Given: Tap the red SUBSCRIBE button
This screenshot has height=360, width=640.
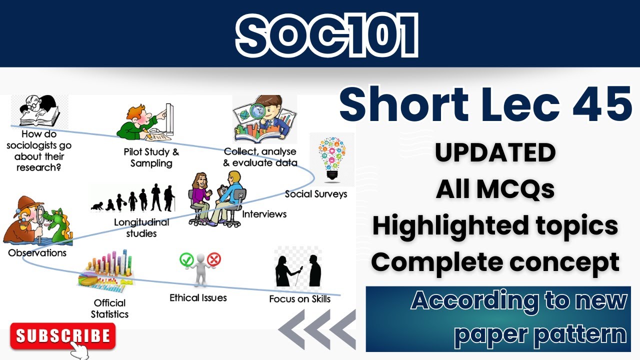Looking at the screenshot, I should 62,335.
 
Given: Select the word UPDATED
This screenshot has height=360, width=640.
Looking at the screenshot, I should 495,153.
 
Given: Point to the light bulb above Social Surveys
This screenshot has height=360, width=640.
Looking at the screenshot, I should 331,158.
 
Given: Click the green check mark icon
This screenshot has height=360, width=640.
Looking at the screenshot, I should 186,259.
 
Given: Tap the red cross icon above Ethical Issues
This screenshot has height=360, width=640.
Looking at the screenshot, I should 214,259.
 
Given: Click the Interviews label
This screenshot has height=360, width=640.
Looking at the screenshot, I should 264,214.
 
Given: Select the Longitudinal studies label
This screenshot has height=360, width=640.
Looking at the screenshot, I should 141,227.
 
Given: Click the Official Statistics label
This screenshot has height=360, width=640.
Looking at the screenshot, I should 109,308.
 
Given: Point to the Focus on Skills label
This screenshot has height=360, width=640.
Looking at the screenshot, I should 299,299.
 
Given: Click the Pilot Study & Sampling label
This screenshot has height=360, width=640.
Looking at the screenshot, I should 151,157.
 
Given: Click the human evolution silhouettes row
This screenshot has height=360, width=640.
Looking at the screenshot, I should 134,198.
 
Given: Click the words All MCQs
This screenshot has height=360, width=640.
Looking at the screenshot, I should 495,189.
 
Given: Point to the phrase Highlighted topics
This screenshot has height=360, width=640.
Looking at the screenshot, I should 495,226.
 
